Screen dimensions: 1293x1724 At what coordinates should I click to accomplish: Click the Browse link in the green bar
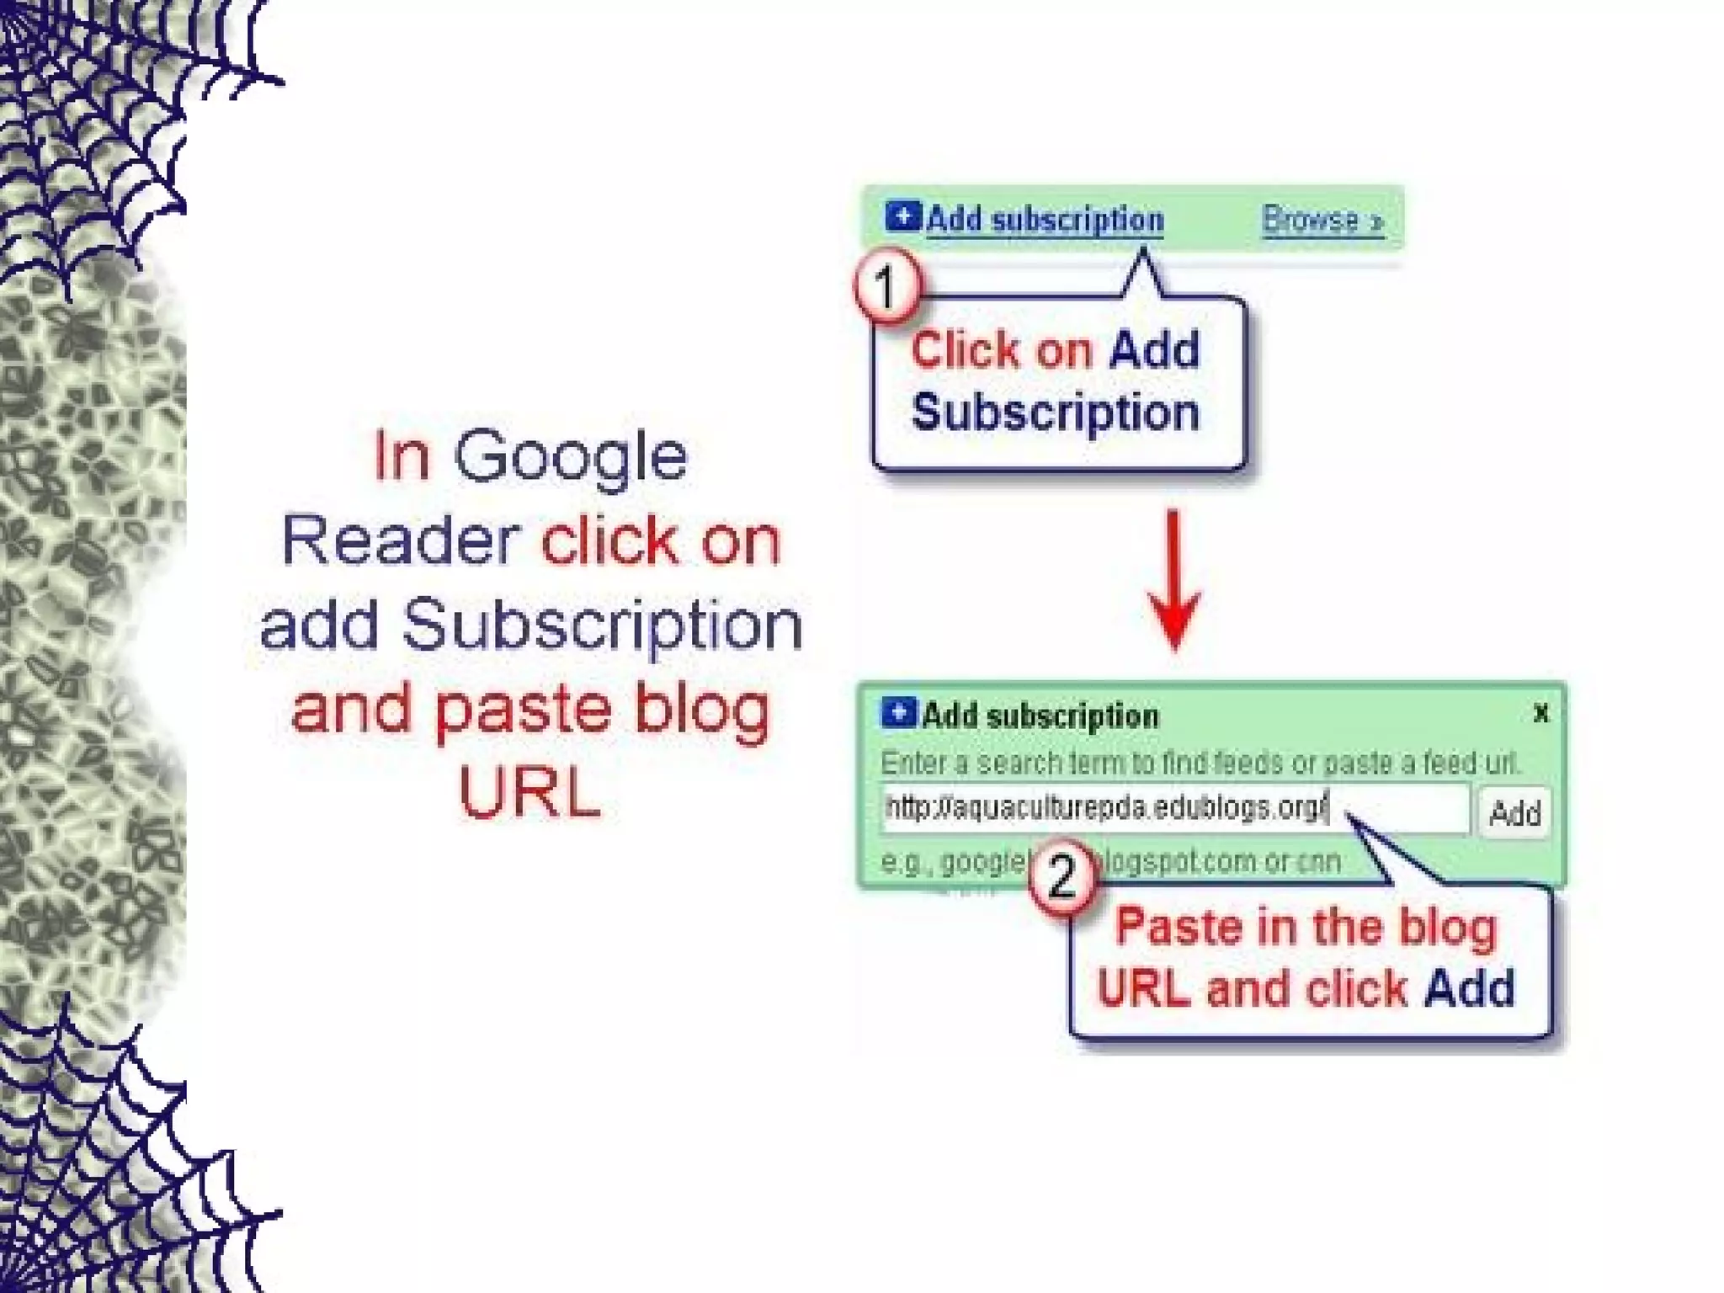pyautogui.click(x=1322, y=221)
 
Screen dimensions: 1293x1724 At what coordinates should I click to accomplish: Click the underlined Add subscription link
pyautogui.click(x=1044, y=221)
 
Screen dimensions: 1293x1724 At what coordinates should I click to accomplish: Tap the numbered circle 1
pyautogui.click(x=886, y=286)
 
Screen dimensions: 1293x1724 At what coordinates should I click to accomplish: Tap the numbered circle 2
pyautogui.click(x=1062, y=877)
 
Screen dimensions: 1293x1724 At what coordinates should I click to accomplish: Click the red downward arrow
pyautogui.click(x=1174, y=581)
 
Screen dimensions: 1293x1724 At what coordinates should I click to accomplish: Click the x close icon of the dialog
pyautogui.click(x=1540, y=714)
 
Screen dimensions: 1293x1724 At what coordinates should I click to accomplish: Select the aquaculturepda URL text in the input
pyautogui.click(x=1106, y=808)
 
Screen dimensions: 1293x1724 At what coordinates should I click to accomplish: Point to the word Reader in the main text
pyautogui.click(x=399, y=540)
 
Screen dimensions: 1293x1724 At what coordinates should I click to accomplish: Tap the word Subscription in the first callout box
pyautogui.click(x=1055, y=412)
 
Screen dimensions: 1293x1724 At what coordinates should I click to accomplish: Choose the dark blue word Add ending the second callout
pyautogui.click(x=1469, y=988)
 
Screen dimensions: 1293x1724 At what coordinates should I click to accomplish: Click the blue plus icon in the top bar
pyautogui.click(x=902, y=217)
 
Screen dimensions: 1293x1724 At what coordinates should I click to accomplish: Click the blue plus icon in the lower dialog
pyautogui.click(x=898, y=713)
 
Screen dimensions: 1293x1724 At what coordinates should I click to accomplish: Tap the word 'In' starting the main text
pyautogui.click(x=401, y=456)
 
